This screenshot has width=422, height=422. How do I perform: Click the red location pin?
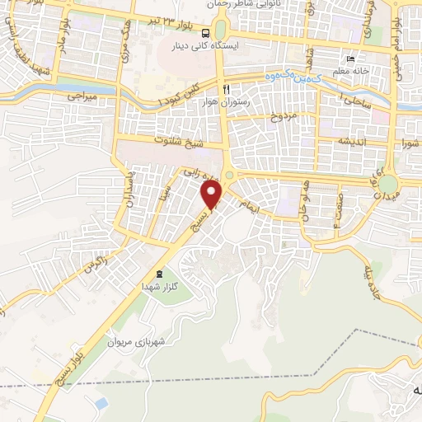[213, 195]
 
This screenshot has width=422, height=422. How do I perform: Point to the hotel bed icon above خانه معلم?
[349, 60]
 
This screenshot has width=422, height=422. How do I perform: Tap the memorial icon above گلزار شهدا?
[159, 274]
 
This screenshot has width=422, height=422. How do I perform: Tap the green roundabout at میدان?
[387, 184]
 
